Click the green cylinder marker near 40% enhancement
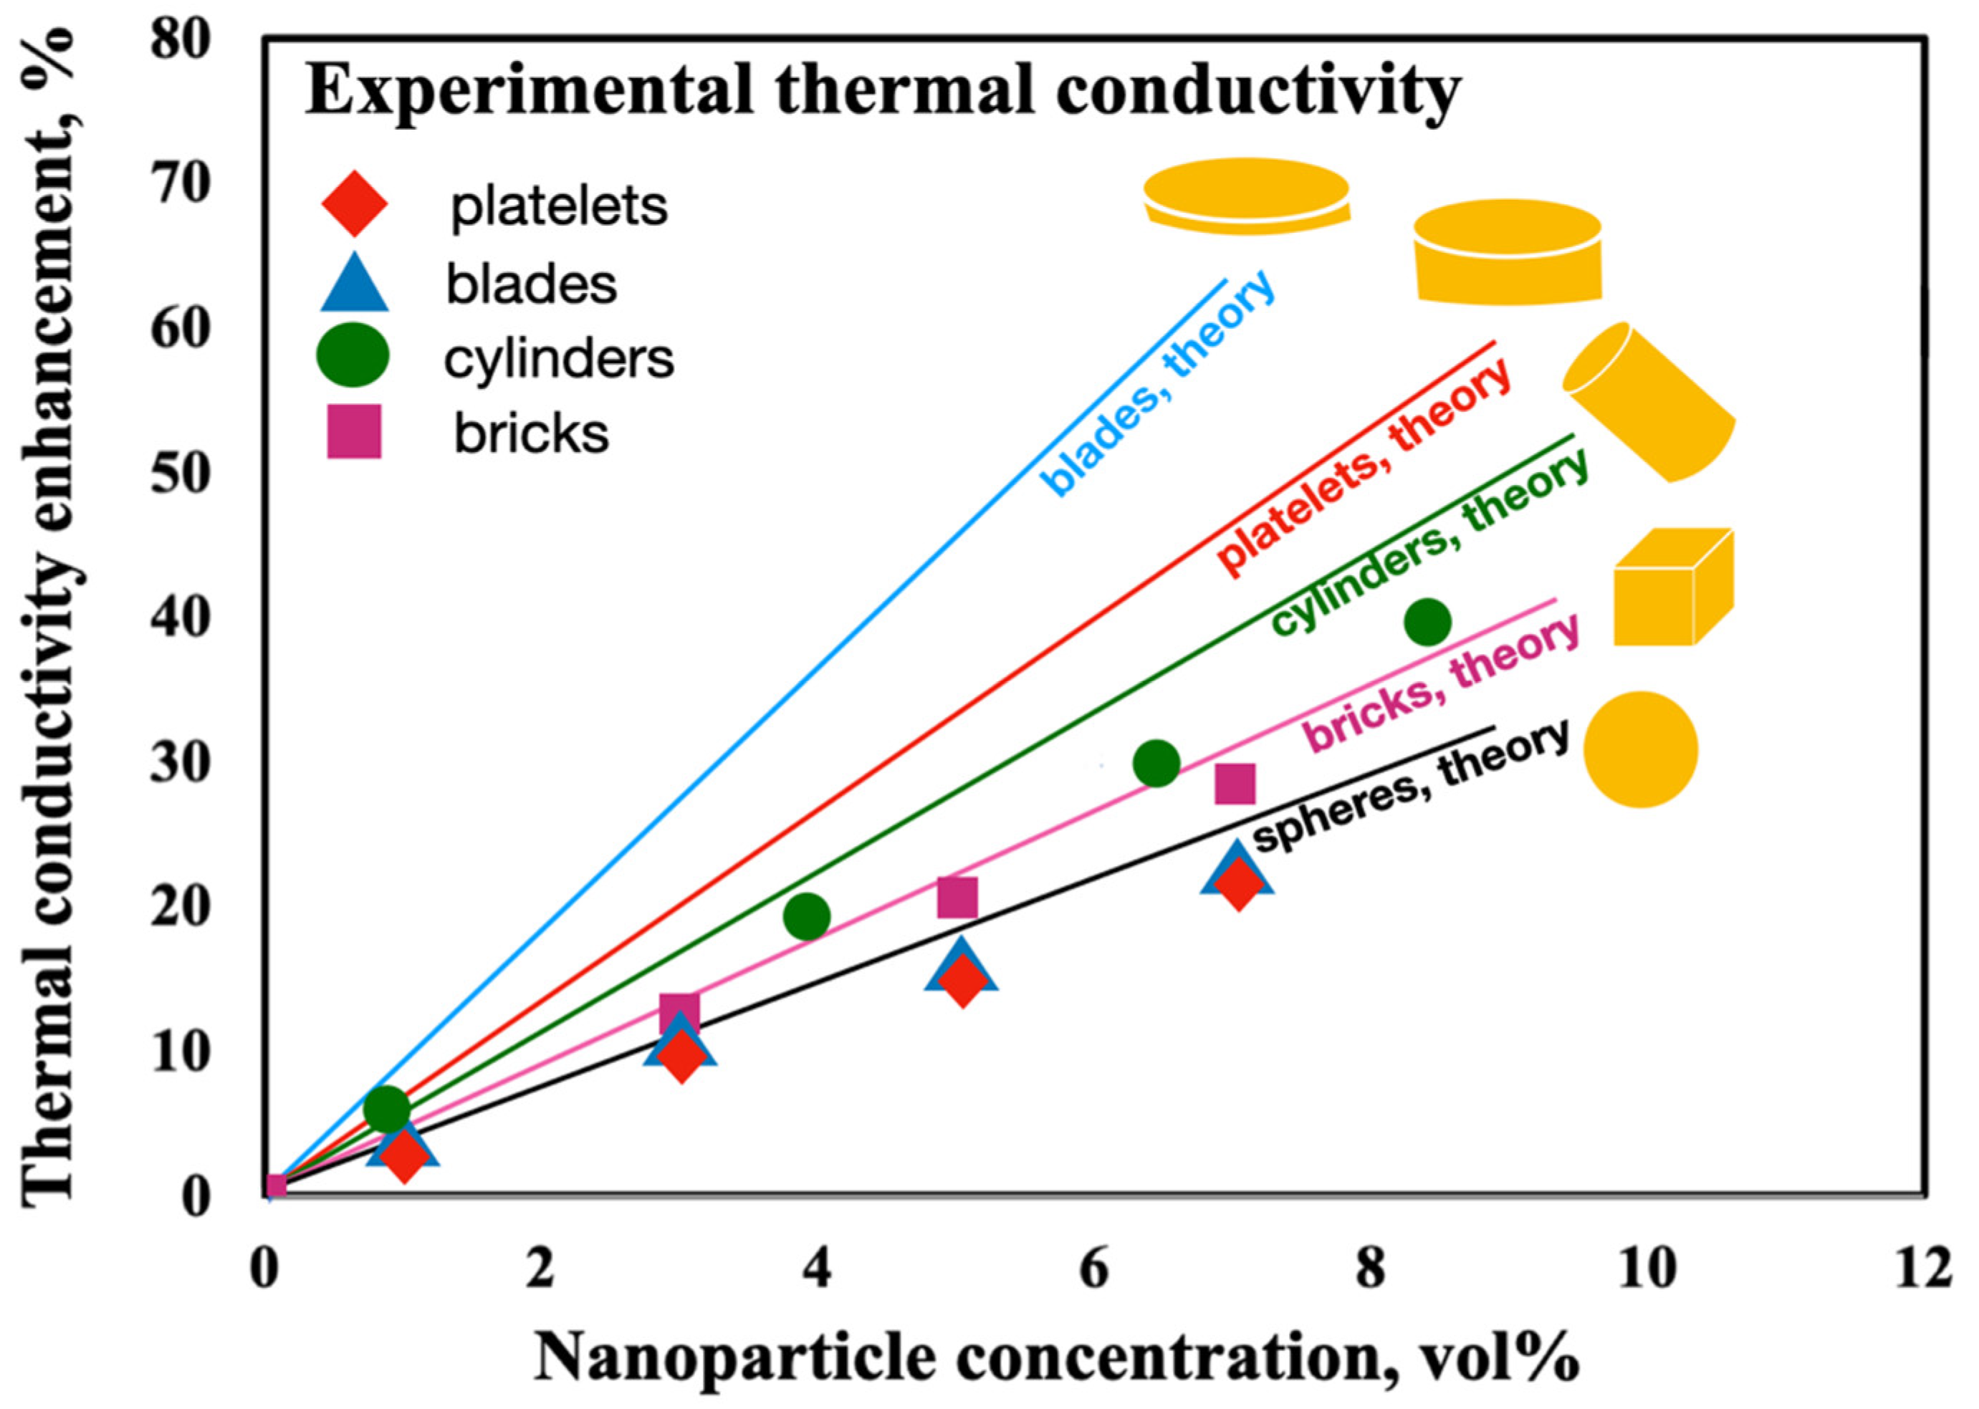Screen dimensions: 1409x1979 click(1427, 621)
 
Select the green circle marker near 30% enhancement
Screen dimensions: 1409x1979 click(1156, 764)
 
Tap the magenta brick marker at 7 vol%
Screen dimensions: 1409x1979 click(1235, 784)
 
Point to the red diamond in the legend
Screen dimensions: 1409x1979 click(354, 206)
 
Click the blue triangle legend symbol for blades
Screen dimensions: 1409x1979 click(355, 283)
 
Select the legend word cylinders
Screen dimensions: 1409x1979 click(559, 358)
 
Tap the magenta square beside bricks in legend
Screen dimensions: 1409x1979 click(354, 431)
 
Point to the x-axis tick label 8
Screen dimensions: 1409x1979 click(1370, 1269)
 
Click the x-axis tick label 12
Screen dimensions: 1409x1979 click(1922, 1269)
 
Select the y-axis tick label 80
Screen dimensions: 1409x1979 click(181, 40)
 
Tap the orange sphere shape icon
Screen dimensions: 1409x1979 click(1640, 749)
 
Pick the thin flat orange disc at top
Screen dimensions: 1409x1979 click(1247, 196)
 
